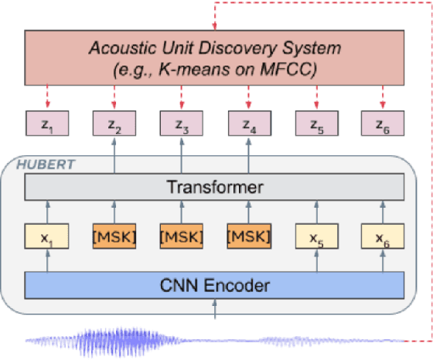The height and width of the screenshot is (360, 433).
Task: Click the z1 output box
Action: pyautogui.click(x=47, y=124)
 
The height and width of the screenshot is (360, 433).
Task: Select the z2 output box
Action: pyautogui.click(x=114, y=124)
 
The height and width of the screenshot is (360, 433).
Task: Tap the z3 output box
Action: pyautogui.click(x=182, y=124)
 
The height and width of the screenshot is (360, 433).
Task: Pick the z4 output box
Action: pyautogui.click(x=249, y=124)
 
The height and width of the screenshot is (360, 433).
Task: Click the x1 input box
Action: pyautogui.click(x=47, y=236)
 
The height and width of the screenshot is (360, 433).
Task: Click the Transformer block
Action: pyautogui.click(x=215, y=187)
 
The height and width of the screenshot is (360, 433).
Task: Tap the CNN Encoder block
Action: pyautogui.click(x=215, y=285)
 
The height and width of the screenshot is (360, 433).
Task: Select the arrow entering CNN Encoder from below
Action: pyautogui.click(x=215, y=309)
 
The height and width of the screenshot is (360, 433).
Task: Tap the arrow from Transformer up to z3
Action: pyautogui.click(x=182, y=155)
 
